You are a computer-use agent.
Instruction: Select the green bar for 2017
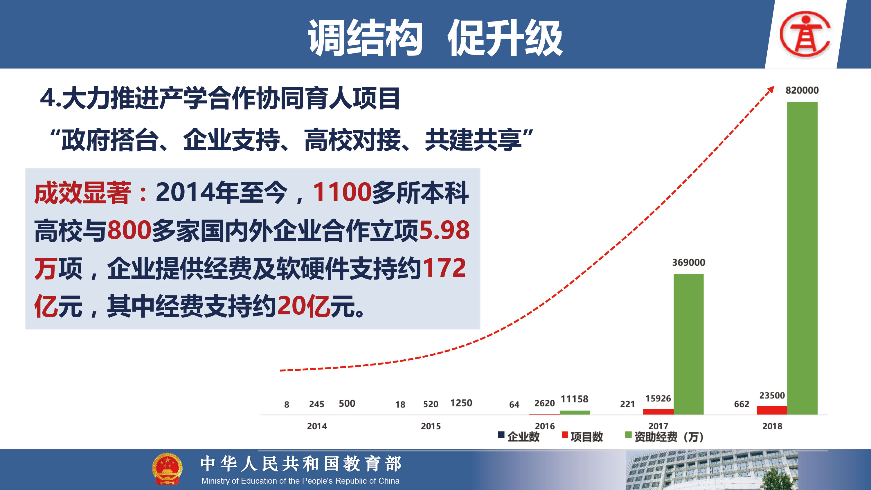tap(688, 344)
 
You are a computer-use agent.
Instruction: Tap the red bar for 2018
tap(772, 410)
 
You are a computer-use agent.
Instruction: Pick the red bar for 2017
tap(658, 412)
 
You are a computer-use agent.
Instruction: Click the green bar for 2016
tap(575, 412)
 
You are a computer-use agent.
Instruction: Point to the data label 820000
tap(802, 90)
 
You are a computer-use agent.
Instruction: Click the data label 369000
tap(688, 262)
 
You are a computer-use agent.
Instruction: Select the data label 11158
tap(575, 399)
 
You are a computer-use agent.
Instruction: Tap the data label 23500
tap(772, 395)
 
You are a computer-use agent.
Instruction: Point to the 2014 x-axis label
tap(317, 426)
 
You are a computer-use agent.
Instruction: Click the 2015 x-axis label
tap(431, 426)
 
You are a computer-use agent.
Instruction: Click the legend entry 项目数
tap(582, 437)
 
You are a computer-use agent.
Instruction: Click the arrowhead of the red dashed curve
tap(771, 90)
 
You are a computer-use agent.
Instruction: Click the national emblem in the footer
tap(167, 469)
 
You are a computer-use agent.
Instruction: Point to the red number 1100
tap(342, 192)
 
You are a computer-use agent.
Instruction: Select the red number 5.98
tap(444, 230)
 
